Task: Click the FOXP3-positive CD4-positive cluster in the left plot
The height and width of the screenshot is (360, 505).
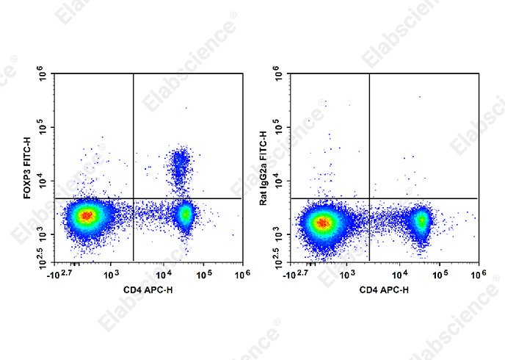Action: coord(180,168)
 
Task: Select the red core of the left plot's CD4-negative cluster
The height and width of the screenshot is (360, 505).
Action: coord(87,215)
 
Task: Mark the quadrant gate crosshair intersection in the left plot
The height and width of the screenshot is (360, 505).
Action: coord(133,198)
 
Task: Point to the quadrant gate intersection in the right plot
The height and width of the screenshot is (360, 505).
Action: coord(368,198)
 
